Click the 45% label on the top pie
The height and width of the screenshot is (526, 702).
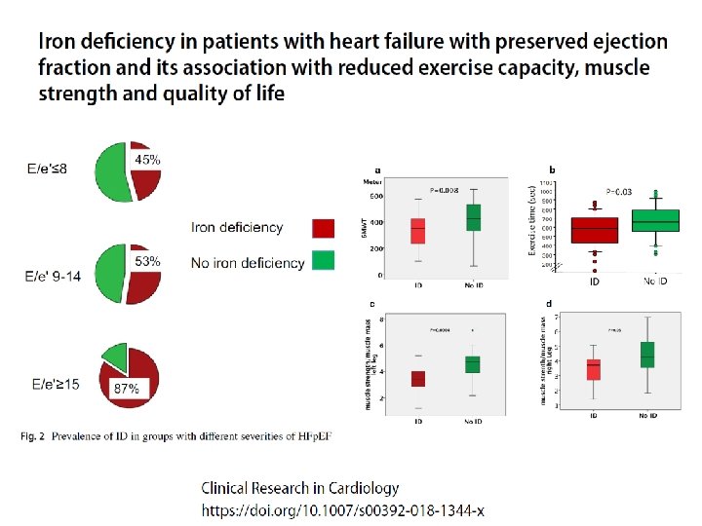click(x=147, y=159)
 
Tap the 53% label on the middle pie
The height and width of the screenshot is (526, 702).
click(x=147, y=262)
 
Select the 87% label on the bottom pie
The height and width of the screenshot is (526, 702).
click(x=127, y=388)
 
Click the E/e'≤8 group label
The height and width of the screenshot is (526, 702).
click(x=47, y=169)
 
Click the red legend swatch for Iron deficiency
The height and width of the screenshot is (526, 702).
click(x=323, y=228)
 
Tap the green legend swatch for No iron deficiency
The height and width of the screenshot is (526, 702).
click(x=323, y=260)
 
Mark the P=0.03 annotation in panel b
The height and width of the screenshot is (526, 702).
click(x=620, y=192)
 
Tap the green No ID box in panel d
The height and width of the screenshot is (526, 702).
click(x=646, y=355)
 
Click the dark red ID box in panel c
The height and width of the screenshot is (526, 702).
click(x=417, y=379)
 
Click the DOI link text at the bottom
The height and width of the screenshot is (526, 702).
click(x=342, y=509)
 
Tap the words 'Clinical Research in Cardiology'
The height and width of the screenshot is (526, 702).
click(x=300, y=488)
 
